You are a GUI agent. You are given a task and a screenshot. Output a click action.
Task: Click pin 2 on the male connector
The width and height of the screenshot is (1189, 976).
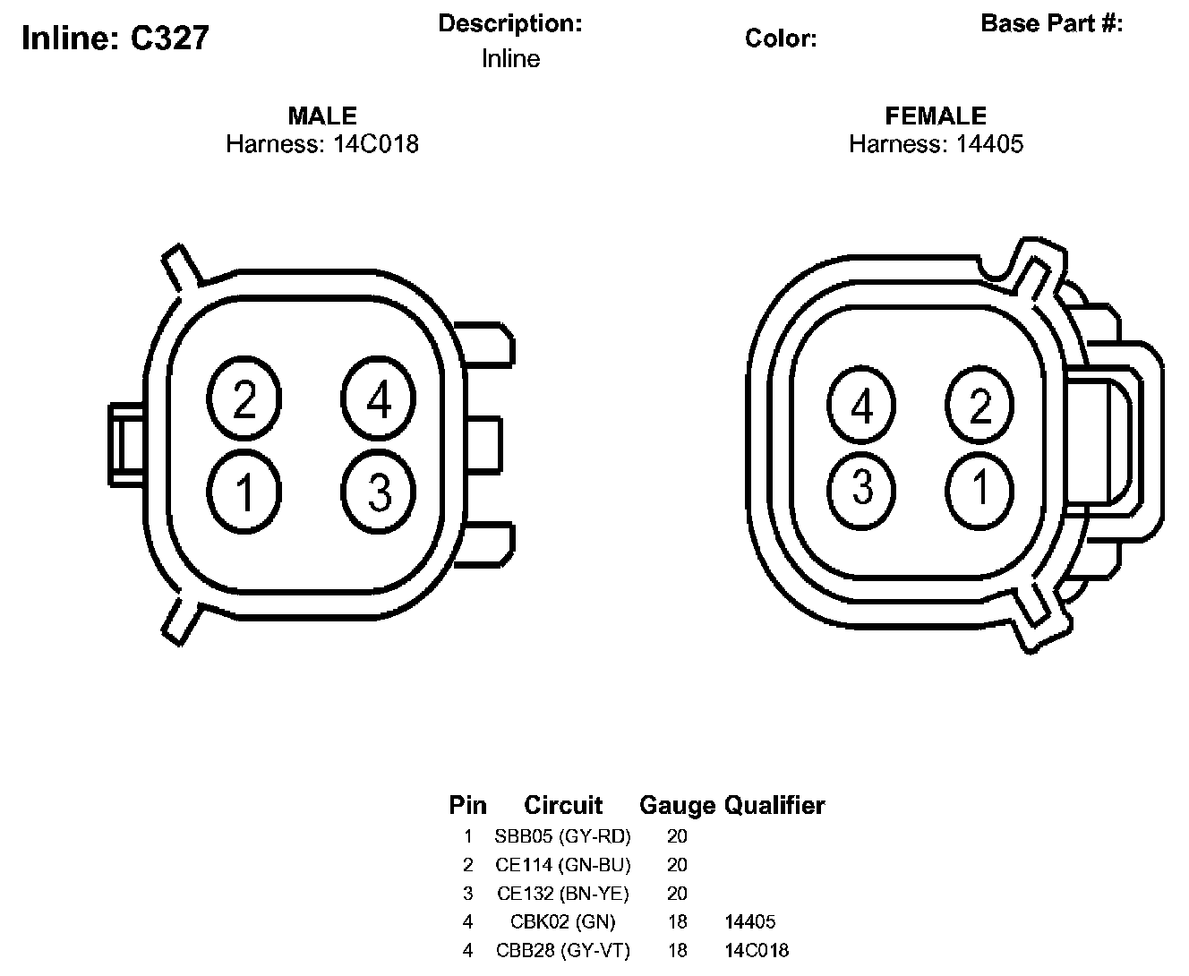244,398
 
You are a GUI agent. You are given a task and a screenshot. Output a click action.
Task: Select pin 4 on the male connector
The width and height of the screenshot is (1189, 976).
379,398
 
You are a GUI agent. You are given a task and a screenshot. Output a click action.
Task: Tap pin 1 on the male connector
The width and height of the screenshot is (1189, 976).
244,492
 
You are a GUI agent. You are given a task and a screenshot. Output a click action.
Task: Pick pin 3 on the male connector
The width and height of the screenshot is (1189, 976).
379,492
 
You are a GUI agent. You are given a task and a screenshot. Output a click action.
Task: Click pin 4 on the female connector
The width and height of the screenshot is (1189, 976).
861,405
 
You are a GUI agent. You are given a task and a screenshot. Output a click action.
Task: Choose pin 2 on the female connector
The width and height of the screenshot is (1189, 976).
979,405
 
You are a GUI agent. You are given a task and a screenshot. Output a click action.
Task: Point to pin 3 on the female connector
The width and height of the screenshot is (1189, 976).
861,491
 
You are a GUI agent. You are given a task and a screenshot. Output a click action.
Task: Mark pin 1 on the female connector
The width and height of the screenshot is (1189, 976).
979,491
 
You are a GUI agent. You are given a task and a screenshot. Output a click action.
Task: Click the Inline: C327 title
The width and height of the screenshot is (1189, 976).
115,38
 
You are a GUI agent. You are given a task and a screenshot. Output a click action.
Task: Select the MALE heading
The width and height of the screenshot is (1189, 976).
322,116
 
